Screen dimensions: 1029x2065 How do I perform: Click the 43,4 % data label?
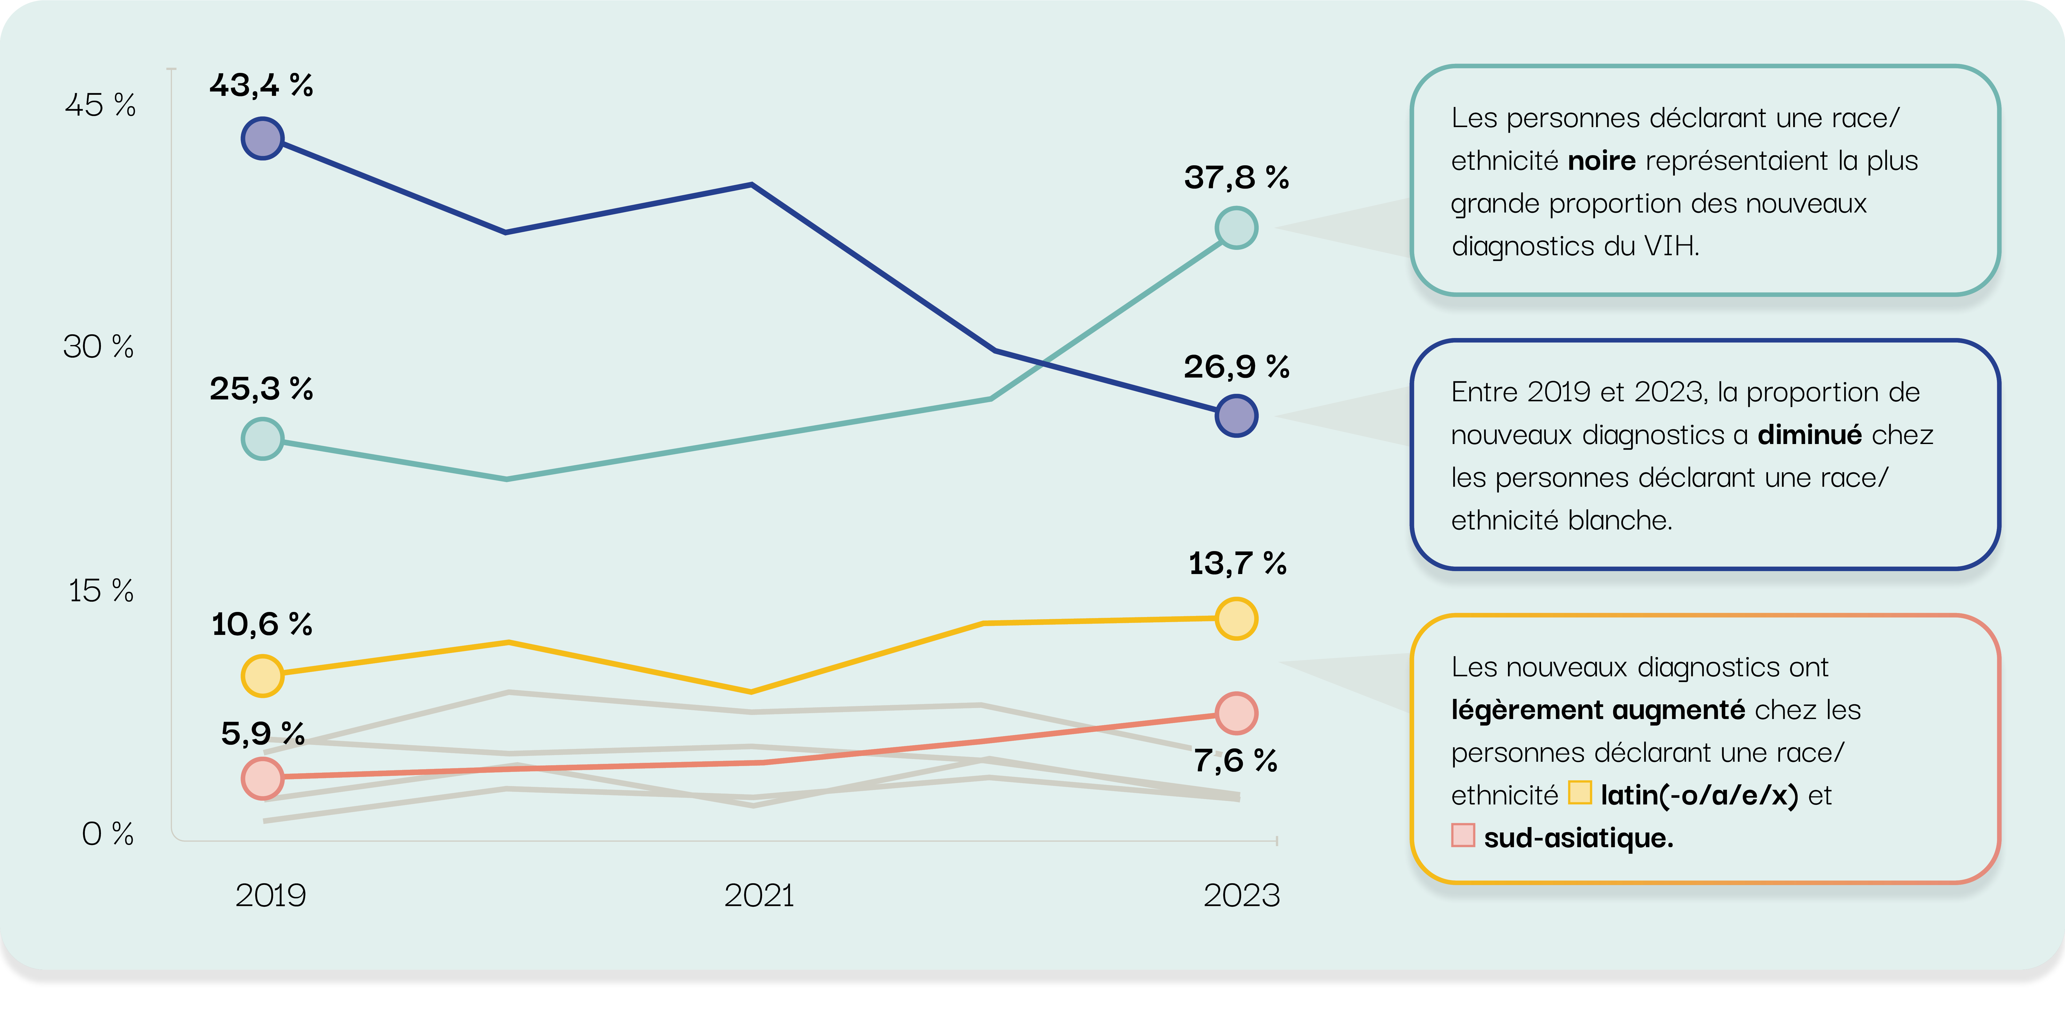click(x=261, y=85)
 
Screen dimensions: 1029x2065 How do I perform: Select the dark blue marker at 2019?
click(x=262, y=139)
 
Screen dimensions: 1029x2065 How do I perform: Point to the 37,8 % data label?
click(x=1236, y=177)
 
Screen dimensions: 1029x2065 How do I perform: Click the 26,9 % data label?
click(x=1236, y=367)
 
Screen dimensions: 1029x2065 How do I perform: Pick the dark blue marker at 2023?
click(x=1236, y=416)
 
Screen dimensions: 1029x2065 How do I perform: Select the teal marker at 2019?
click(x=262, y=438)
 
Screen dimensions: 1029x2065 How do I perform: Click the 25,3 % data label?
click(x=261, y=389)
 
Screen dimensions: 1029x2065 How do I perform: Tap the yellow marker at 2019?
click(x=262, y=675)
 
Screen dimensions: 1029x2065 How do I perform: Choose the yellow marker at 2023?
click(x=1236, y=619)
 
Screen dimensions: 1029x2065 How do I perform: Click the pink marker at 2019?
click(x=262, y=778)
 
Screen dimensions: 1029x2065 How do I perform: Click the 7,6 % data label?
click(x=1235, y=760)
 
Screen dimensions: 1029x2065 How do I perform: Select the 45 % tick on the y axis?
click(x=100, y=105)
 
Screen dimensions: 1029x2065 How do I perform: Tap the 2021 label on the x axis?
click(x=758, y=895)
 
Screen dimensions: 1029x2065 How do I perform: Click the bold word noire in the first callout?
click(x=1601, y=161)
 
